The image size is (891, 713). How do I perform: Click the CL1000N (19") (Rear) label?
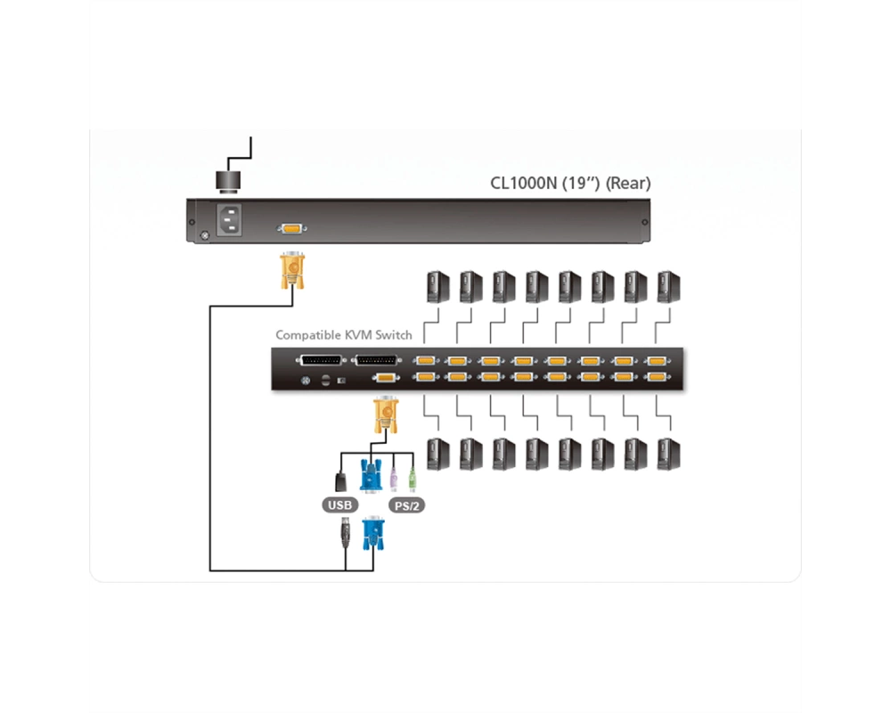tap(570, 183)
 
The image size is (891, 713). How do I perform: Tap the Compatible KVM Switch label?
tap(344, 335)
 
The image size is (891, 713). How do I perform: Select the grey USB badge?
tap(339, 505)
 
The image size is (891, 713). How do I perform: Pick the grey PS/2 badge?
tap(407, 505)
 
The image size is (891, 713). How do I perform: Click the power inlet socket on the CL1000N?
tap(229, 219)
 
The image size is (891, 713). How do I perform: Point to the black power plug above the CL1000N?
tap(228, 182)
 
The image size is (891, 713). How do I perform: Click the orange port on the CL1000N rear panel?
tap(292, 228)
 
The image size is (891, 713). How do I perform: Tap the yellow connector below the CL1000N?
tap(292, 270)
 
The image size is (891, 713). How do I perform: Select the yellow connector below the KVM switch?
tap(386, 415)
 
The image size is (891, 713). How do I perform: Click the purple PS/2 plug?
tap(393, 479)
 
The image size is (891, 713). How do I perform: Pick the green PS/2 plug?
tap(413, 479)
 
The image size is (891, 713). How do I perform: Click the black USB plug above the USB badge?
tap(341, 481)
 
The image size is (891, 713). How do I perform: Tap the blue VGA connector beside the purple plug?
tap(371, 477)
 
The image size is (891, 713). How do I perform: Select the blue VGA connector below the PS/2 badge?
tap(373, 533)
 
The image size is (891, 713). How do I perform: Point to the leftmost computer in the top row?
tap(438, 287)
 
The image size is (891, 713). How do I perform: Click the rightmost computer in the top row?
tap(669, 287)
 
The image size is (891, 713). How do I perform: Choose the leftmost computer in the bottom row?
tap(438, 454)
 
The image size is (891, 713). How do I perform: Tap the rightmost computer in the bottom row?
tap(669, 454)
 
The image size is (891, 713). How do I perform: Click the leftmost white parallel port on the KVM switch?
tap(321, 360)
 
